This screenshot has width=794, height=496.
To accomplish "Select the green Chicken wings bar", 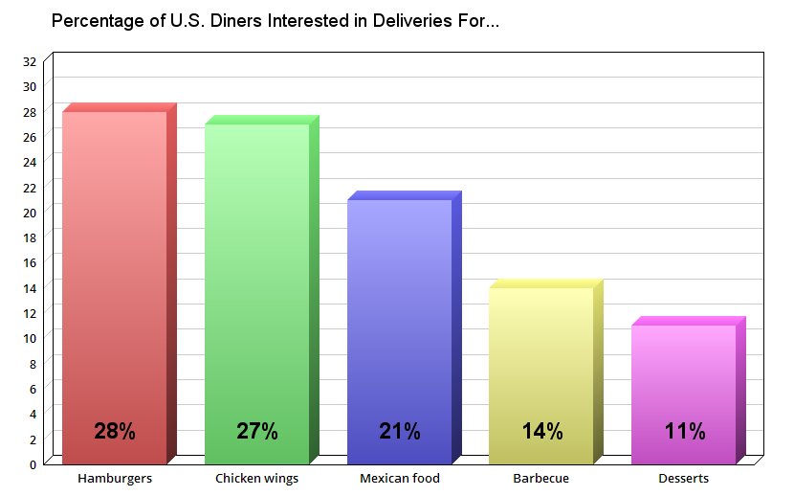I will point(257,287).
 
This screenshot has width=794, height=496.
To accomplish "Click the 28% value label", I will point(115,431).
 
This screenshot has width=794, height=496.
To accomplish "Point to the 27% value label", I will point(257,431).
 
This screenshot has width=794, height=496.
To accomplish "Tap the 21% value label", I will point(400,431).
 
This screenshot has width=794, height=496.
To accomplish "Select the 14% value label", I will point(541,431).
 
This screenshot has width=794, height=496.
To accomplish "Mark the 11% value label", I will point(684,431).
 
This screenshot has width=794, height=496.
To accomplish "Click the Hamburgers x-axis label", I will point(115,478).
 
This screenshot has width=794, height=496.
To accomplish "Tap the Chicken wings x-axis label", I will point(257,478).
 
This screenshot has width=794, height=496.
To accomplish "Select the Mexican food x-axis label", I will point(400,478).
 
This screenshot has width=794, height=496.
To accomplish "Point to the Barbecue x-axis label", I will point(541,478).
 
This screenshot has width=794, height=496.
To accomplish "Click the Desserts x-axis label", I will point(684,478).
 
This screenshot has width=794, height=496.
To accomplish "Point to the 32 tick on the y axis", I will point(30,61).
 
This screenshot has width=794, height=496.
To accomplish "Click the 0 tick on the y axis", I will point(33,464).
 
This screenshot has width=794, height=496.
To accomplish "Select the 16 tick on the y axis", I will point(30,262).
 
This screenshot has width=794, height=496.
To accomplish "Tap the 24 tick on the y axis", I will point(30,162).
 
